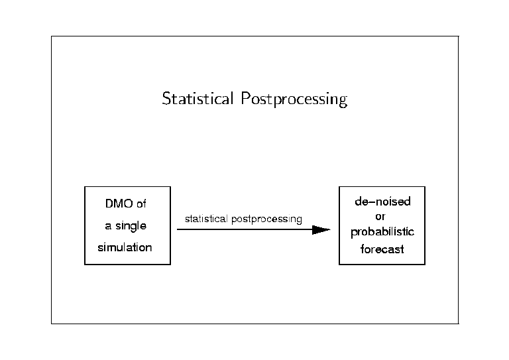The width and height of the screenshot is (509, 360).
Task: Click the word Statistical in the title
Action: click(198, 98)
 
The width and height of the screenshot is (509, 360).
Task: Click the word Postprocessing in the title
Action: click(294, 99)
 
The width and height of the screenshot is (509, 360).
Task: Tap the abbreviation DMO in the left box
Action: click(119, 204)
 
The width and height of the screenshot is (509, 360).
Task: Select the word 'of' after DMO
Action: click(141, 204)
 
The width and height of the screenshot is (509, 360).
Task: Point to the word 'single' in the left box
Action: click(131, 226)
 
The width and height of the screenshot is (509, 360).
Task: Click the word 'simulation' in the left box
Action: click(125, 247)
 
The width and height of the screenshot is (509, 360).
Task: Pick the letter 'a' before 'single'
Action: click(108, 226)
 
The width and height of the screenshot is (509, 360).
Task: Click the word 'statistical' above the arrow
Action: click(206, 219)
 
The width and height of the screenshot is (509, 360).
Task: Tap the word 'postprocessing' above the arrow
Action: click(266, 219)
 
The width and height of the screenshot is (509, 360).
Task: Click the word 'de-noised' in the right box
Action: click(382, 202)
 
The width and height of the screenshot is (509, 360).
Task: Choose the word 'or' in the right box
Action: click(380, 217)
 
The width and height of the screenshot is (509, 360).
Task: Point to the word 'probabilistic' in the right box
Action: click(382, 232)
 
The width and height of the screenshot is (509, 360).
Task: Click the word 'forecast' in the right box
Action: click(382, 249)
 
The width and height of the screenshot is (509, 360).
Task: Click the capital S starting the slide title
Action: click(166, 98)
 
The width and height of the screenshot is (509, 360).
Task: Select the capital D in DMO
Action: click(109, 204)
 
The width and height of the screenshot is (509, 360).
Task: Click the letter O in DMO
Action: click(128, 204)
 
